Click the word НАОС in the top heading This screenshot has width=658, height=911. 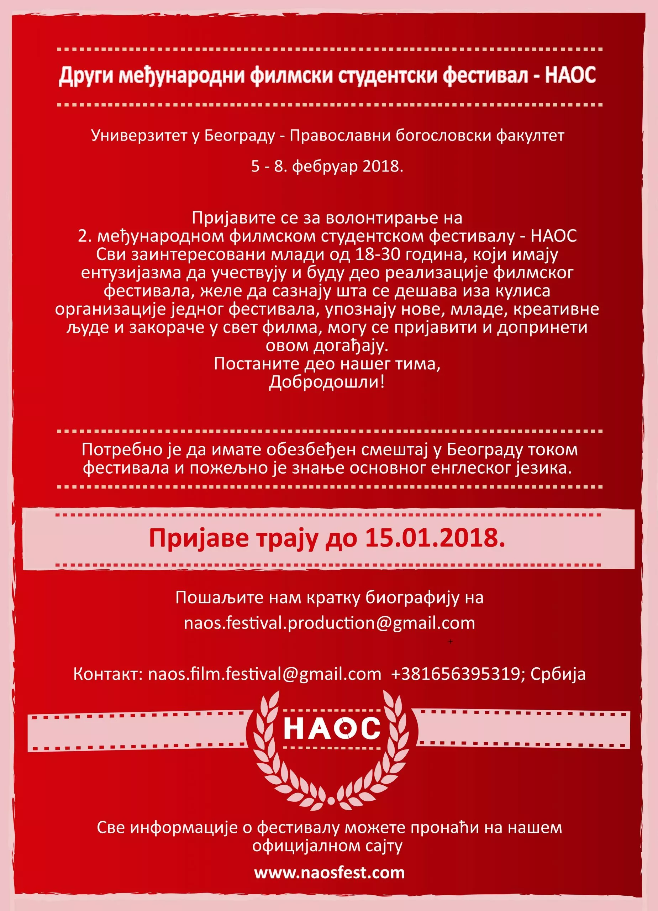(570, 75)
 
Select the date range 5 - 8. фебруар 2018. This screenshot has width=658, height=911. (327, 166)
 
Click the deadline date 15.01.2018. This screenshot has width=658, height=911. (435, 538)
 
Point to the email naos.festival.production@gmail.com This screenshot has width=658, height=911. (330, 623)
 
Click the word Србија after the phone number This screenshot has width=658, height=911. (558, 674)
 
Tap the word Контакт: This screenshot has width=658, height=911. (108, 674)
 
